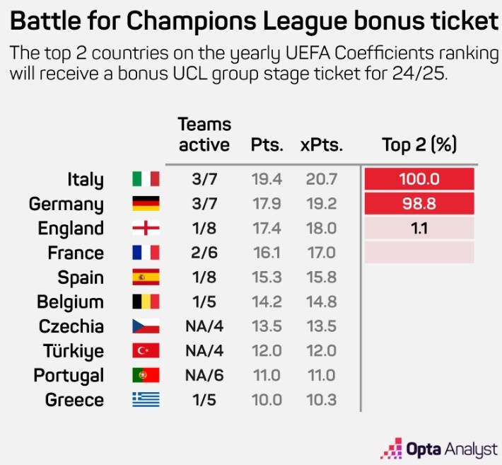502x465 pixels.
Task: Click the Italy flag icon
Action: tap(146, 180)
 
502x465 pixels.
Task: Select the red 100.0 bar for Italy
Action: tap(419, 180)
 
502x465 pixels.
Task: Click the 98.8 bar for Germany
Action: tap(419, 205)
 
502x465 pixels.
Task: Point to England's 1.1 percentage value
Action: tap(419, 229)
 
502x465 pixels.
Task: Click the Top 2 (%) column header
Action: tap(419, 145)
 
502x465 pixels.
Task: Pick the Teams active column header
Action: tap(204, 134)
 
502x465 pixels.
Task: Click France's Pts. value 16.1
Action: tap(267, 253)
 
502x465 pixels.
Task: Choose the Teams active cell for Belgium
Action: tap(204, 302)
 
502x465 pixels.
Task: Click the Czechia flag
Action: tap(146, 326)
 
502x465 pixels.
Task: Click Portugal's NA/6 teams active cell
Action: tap(204, 375)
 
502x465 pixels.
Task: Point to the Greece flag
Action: tap(146, 400)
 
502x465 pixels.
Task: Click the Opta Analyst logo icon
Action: tap(392, 447)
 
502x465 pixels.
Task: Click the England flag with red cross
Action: tap(146, 229)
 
